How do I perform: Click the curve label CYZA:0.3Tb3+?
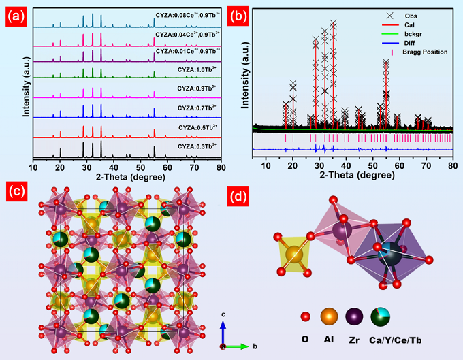click(x=197, y=146)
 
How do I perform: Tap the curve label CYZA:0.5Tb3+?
click(x=197, y=127)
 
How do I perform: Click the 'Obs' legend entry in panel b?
click(x=413, y=14)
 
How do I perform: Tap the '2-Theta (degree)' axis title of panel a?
click(x=127, y=176)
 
